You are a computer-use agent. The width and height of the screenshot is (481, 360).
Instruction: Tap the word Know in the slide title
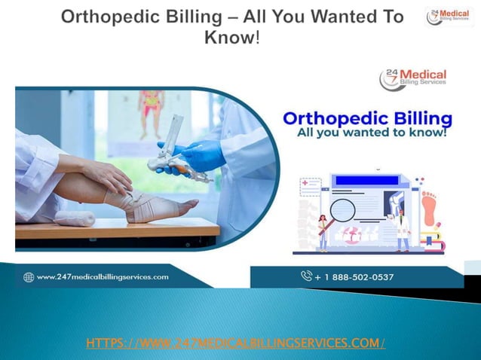point(230,35)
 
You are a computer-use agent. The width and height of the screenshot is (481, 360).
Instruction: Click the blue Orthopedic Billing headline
point(366,118)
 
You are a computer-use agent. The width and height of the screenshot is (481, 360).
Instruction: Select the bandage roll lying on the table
point(75,218)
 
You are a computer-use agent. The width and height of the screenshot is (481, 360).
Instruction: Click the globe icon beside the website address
point(29,277)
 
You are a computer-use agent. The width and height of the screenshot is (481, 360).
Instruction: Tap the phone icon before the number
point(306,276)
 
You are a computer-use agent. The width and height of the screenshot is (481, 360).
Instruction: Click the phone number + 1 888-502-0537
point(354,277)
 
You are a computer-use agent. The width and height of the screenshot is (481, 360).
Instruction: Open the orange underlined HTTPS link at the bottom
point(236,343)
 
